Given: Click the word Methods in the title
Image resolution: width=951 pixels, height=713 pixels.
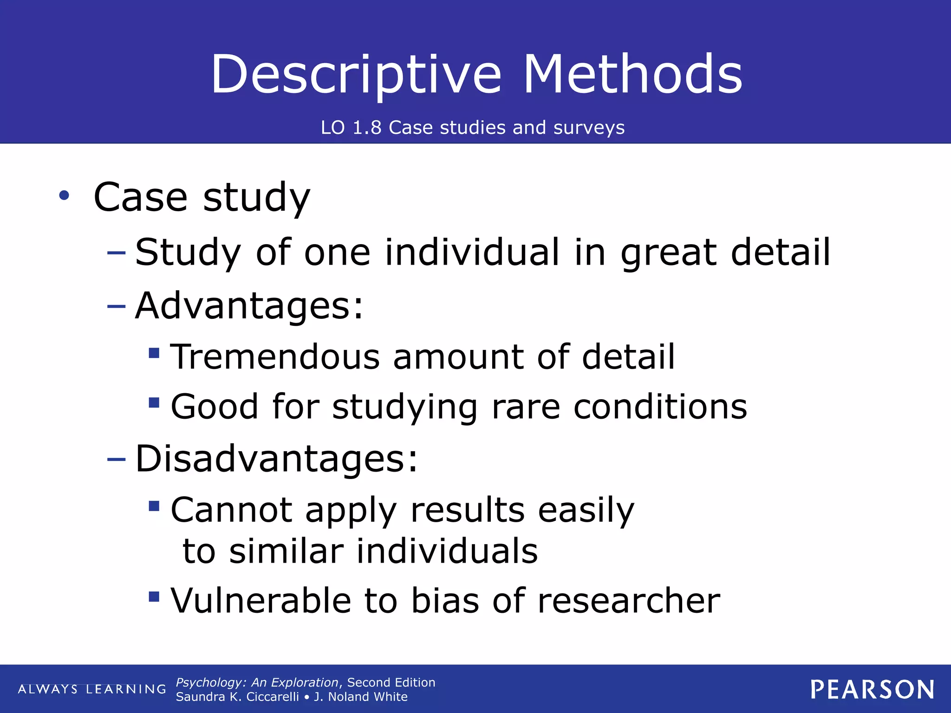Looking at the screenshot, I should [x=632, y=74].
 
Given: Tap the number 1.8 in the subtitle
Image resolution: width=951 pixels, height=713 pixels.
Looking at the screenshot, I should [x=367, y=128].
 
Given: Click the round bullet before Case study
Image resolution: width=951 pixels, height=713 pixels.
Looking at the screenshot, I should [x=64, y=196].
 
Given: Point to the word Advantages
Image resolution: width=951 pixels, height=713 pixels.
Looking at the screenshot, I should [x=249, y=306].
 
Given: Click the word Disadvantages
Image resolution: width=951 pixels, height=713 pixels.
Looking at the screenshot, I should [x=277, y=459].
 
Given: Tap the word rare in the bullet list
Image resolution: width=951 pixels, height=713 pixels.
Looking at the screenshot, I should [x=526, y=407].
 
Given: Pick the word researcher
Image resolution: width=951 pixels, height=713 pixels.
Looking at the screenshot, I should [x=629, y=601].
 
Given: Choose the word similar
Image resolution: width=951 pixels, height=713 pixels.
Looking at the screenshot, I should [x=287, y=551].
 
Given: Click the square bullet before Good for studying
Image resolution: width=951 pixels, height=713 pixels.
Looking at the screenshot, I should [x=154, y=402].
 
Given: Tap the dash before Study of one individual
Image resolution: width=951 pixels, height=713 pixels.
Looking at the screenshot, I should [x=116, y=253].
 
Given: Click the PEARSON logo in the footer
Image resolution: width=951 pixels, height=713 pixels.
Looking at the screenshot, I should [x=872, y=689].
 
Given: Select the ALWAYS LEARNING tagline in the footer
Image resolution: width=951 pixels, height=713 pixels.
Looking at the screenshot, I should [x=92, y=689].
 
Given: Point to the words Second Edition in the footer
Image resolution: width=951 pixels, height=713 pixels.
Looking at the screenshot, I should [x=391, y=682].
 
